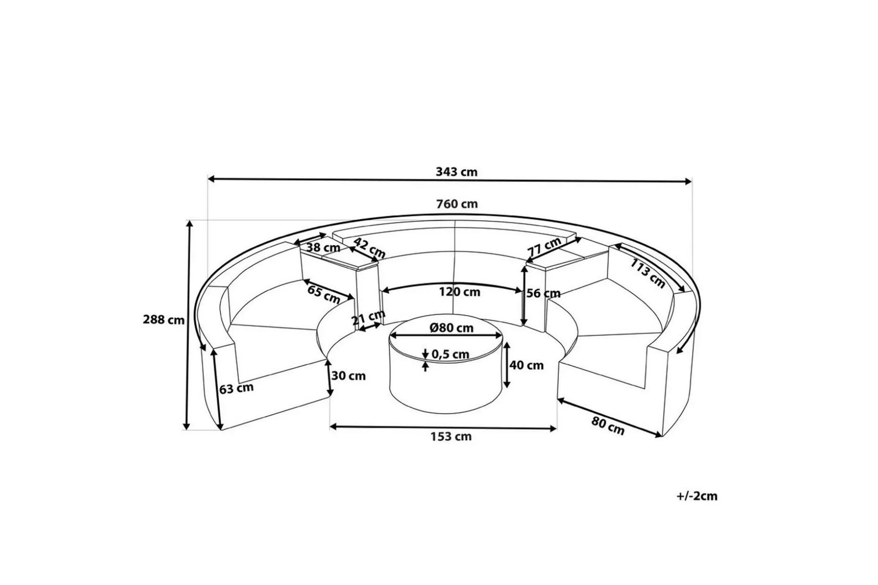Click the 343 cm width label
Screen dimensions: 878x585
coord(456,172)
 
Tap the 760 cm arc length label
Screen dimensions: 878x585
coord(457,204)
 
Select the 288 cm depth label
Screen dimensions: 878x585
coord(164,320)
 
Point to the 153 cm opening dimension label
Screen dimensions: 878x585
coord(451,436)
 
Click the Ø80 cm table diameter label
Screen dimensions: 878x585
coord(452,327)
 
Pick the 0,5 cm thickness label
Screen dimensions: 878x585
coord(450,354)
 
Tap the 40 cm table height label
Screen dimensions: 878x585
coord(527,365)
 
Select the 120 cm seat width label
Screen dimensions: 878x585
coord(459,292)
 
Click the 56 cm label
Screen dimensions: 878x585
coord(544,293)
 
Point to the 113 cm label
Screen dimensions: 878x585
coord(648,274)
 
